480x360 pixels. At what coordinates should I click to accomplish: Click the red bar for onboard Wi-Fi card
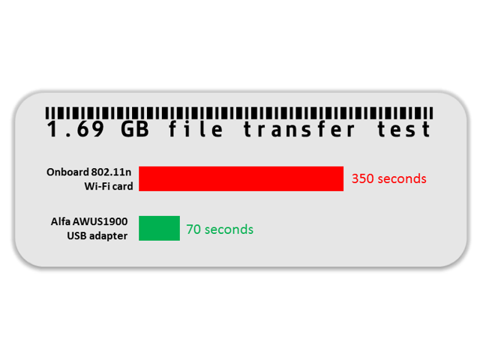[241, 178]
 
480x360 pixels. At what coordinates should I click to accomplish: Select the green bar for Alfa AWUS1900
[159, 228]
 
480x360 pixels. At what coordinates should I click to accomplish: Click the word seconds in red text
[401, 178]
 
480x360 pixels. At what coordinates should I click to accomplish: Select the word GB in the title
[133, 130]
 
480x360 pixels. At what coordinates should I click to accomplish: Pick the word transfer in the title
[299, 130]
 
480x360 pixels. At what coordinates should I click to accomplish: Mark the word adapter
[110, 235]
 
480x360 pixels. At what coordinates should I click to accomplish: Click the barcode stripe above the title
[238, 110]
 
